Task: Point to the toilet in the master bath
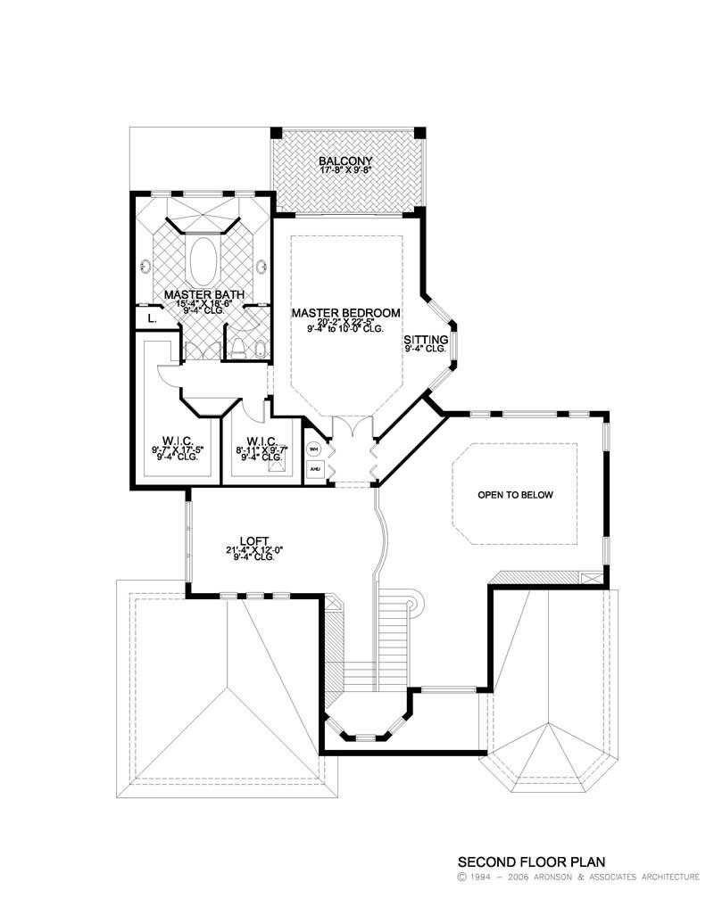coord(238,346)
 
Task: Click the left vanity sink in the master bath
coord(145,265)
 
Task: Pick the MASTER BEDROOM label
coord(345,313)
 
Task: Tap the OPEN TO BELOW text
coord(515,495)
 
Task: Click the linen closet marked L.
coord(152,317)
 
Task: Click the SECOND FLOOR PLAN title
coord(531,862)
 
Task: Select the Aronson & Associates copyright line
coord(577,878)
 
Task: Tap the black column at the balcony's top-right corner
coord(420,133)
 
